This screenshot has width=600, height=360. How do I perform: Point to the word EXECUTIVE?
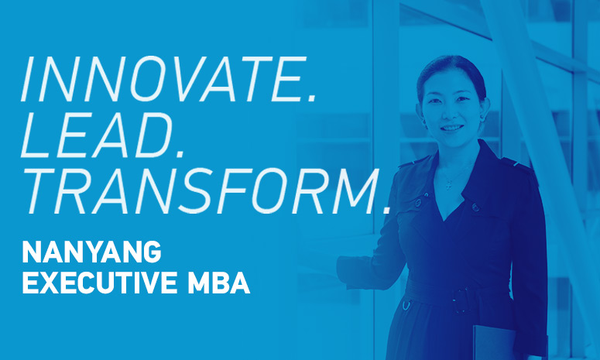pyautogui.click(x=97, y=283)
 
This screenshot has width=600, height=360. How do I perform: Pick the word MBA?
pyautogui.click(x=218, y=283)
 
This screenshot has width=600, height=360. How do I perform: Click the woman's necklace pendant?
pyautogui.click(x=447, y=185)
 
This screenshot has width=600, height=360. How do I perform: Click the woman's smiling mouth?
pyautogui.click(x=451, y=128)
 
